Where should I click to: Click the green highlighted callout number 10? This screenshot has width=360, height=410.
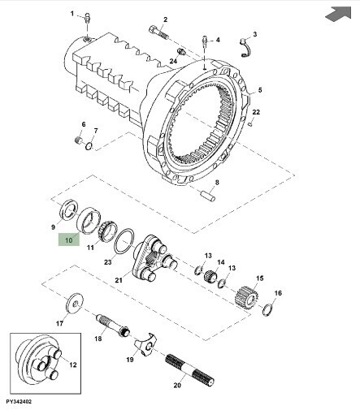(69, 240)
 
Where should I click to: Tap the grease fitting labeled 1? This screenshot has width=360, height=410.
(87, 19)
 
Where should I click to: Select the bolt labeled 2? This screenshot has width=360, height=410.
(158, 32)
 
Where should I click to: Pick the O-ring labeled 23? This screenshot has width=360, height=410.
(124, 241)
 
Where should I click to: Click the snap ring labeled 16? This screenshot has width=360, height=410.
(267, 310)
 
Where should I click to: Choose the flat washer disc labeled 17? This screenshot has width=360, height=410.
(75, 304)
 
